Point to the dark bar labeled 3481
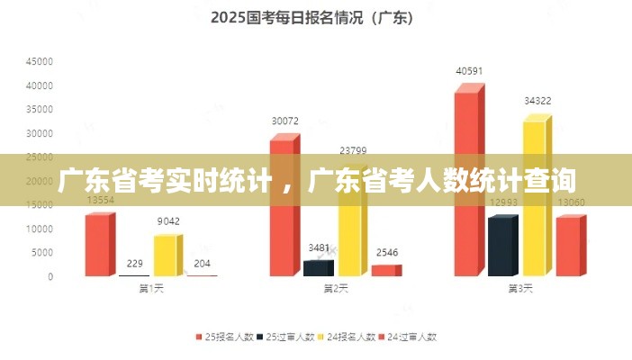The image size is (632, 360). (317, 267)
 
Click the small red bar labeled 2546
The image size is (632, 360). (384, 270)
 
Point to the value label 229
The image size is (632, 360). (135, 263)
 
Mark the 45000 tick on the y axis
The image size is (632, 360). (40, 62)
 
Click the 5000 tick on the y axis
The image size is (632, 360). (42, 253)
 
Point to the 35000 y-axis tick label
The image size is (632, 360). (40, 110)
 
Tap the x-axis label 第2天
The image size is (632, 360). (335, 289)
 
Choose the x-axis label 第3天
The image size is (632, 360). (519, 289)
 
